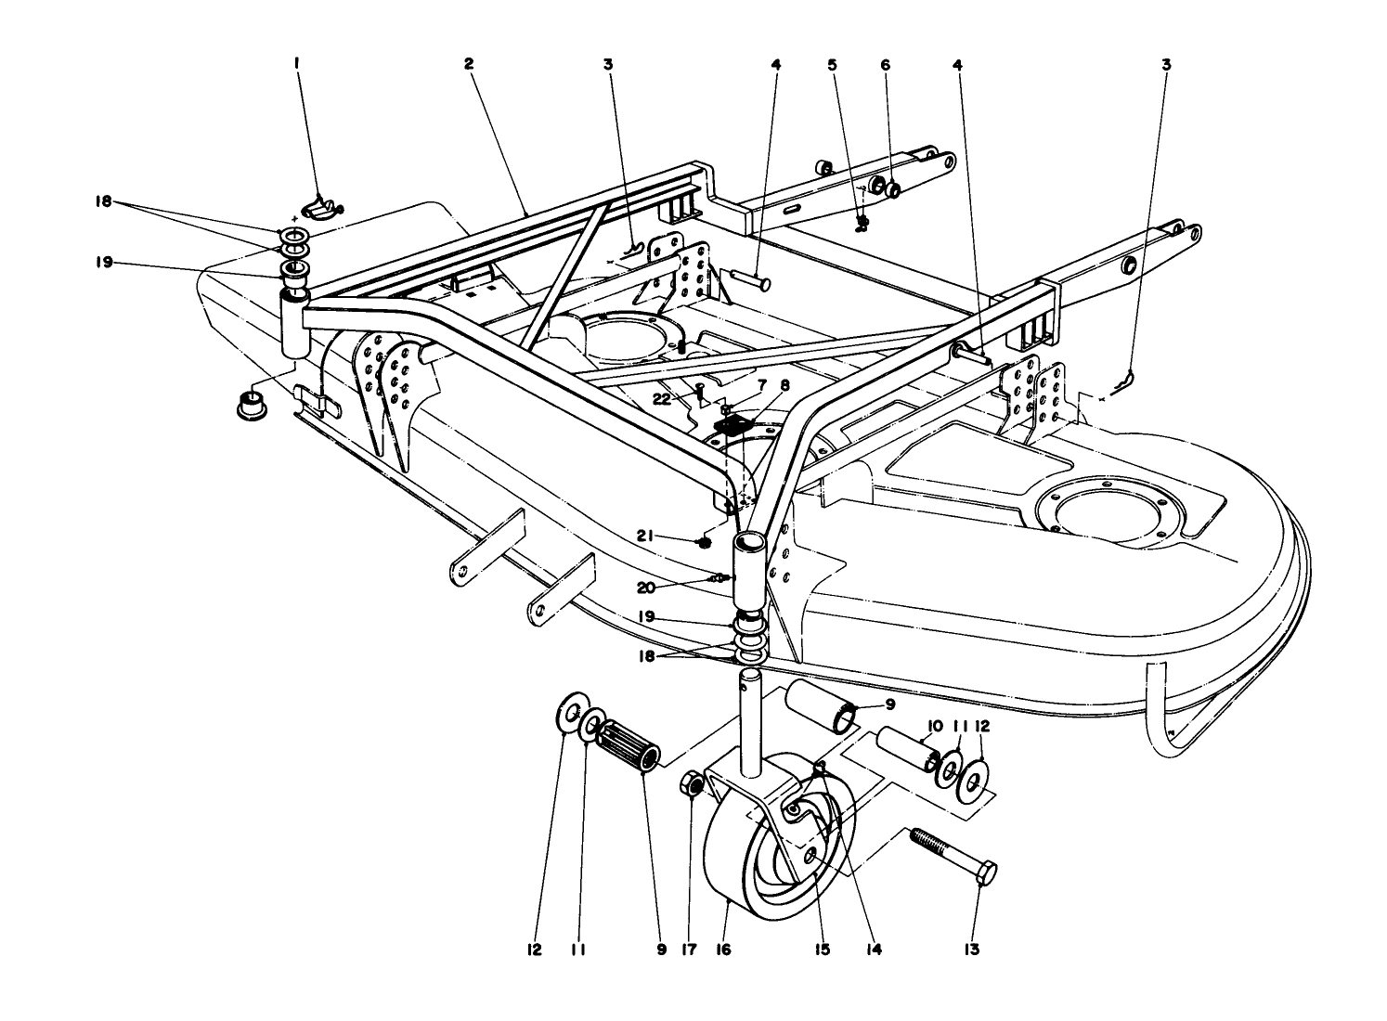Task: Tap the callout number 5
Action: (x=832, y=64)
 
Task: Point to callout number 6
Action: (x=885, y=64)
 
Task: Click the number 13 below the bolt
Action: (x=972, y=949)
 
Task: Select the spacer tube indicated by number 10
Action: (x=904, y=748)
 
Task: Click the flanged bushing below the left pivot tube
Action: (x=248, y=406)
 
